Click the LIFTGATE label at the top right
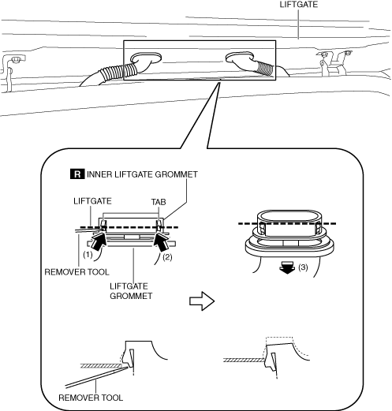pyautogui.click(x=298, y=5)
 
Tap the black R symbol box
pyautogui.click(x=77, y=174)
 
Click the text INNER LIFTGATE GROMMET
pyautogui.click(x=142, y=174)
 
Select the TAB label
pyautogui.click(x=159, y=202)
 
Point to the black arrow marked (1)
pyautogui.click(x=99, y=242)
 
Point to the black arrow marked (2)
pyautogui.click(x=162, y=242)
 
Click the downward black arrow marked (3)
pyautogui.click(x=287, y=267)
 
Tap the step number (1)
pyautogui.click(x=88, y=255)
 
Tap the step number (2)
pyautogui.click(x=167, y=257)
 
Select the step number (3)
pyautogui.click(x=303, y=267)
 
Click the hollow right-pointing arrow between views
pyautogui.click(x=202, y=301)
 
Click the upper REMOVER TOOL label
pyautogui.click(x=77, y=272)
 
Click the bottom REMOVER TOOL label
pyautogui.click(x=91, y=398)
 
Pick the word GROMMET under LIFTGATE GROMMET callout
pyautogui.click(x=131, y=296)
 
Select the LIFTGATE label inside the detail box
pyautogui.click(x=92, y=201)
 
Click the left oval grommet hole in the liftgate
pyautogui.click(x=146, y=58)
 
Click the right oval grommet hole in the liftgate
pyautogui.click(x=240, y=58)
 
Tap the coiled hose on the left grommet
pyautogui.click(x=118, y=72)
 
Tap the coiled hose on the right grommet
pyautogui.click(x=264, y=68)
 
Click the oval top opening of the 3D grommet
pyautogui.click(x=289, y=216)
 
